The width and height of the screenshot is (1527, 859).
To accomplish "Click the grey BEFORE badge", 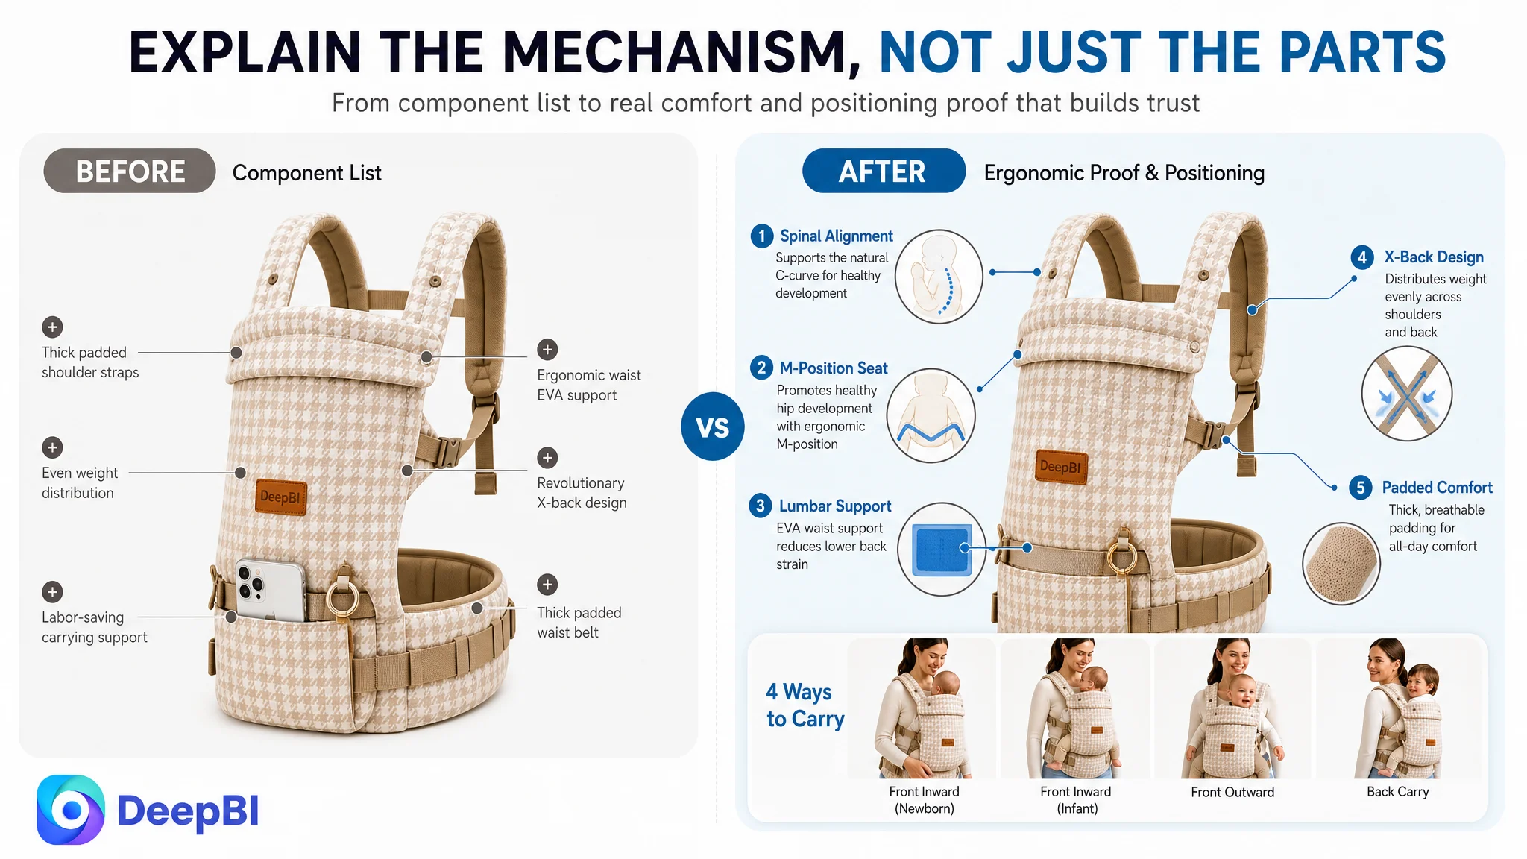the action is [130, 171].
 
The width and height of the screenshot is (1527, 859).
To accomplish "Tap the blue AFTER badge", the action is [884, 171].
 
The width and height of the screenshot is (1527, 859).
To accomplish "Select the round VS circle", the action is [712, 427].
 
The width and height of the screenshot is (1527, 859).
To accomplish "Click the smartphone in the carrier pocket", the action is [271, 589].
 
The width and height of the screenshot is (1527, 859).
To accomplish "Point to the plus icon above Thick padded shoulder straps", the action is [52, 327].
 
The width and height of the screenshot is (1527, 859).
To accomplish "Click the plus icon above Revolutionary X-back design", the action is [547, 457].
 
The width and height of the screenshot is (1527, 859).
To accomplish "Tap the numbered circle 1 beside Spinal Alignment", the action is [761, 236].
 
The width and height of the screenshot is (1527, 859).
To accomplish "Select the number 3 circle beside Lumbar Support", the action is [760, 506].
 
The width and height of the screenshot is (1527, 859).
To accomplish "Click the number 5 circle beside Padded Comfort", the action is [1360, 488].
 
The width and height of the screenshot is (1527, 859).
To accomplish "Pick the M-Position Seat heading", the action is [834, 368].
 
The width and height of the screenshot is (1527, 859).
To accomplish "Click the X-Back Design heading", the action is [1434, 257].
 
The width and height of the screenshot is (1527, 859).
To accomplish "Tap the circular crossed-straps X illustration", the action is [1406, 393].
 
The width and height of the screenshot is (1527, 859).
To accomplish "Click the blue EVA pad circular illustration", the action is [942, 549].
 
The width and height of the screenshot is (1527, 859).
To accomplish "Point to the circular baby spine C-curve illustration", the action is [939, 276].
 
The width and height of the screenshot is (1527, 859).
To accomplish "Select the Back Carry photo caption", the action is [1397, 792].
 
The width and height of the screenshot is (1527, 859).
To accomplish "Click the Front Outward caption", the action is [1232, 792].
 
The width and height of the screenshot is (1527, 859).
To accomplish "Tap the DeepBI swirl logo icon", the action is [71, 810].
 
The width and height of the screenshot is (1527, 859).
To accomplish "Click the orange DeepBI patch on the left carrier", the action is [281, 497].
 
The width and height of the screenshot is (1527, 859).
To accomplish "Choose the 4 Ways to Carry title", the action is [805, 705].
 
